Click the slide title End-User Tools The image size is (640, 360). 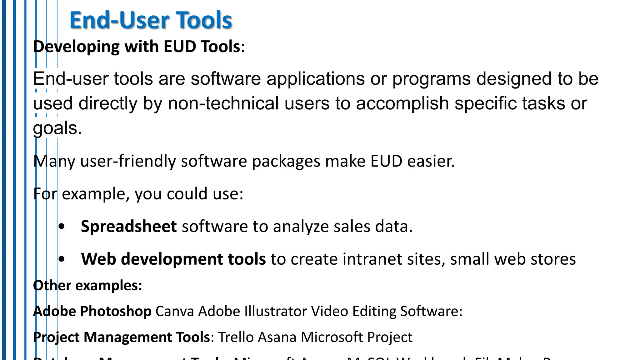pyautogui.click(x=151, y=20)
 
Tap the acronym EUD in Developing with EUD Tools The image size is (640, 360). pyautogui.click(x=180, y=47)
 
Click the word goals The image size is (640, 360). pyautogui.click(x=57, y=128)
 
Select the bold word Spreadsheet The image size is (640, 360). pyautogui.click(x=129, y=226)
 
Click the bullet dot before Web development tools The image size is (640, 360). pyautogui.click(x=62, y=259)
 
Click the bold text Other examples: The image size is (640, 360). pyautogui.click(x=87, y=286)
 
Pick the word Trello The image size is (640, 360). pyautogui.click(x=236, y=337)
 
